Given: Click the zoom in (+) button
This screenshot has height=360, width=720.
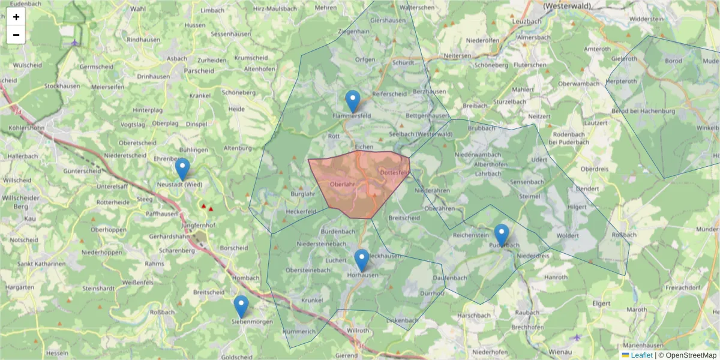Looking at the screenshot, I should point(16,17).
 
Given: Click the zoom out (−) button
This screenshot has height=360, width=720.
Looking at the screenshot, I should point(16,35).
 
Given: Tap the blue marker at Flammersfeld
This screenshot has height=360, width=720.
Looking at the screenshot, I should point(353,101).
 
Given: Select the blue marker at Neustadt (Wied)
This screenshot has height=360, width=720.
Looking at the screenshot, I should point(182,169).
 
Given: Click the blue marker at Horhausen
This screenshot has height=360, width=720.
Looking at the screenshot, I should point(361,260).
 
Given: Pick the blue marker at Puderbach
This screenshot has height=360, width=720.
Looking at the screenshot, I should point(502,235).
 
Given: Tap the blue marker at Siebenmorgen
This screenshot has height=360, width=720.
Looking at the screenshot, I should point(241,306).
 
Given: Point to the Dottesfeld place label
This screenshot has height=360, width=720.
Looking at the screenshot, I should point(394,174).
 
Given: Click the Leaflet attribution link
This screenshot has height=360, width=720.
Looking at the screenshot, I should point(641,355).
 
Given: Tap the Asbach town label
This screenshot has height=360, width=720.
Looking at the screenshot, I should point(177,59).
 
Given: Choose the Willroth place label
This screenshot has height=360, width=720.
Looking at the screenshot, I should point(358,331).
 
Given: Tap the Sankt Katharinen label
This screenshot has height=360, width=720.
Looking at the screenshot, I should point(41,264).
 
